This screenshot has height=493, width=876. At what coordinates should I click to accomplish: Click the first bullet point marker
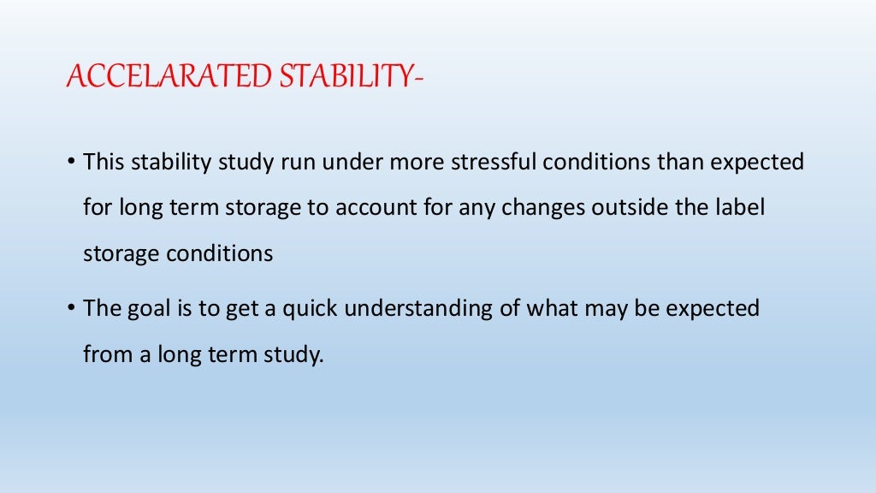pos(72,163)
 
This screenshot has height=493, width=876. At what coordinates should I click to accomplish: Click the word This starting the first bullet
pos(104,162)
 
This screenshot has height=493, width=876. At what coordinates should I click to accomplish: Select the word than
pos(677,162)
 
